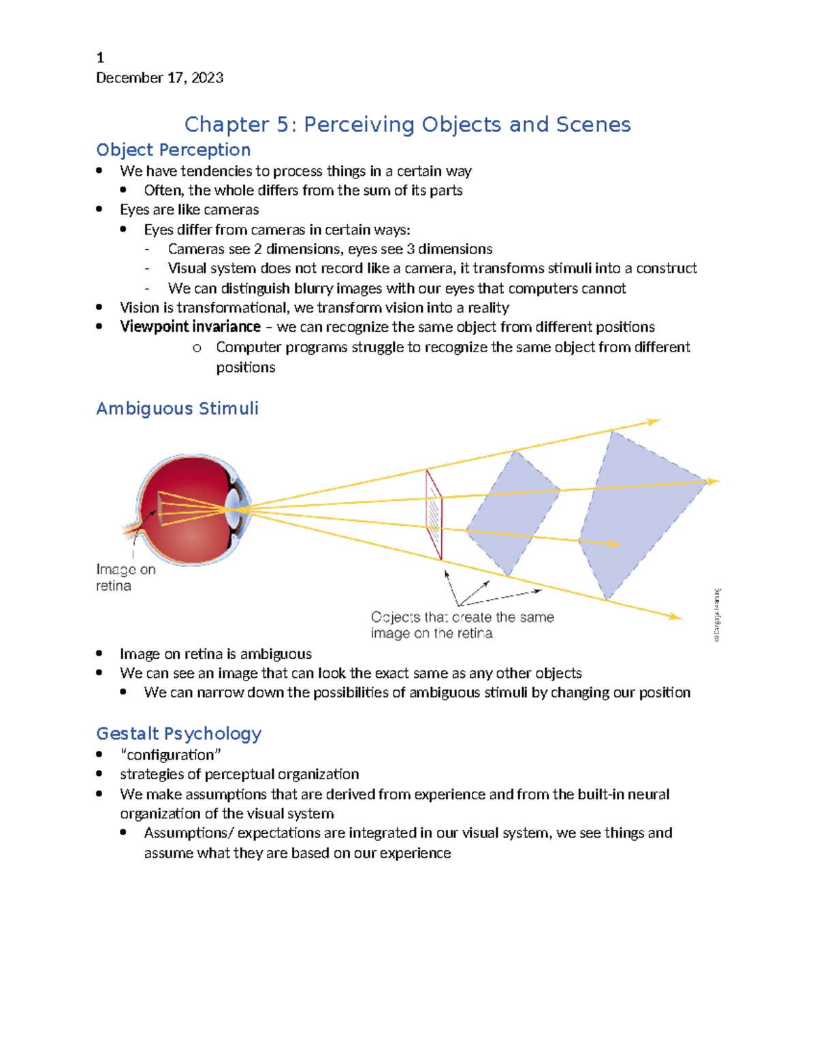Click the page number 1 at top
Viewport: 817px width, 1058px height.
[100, 58]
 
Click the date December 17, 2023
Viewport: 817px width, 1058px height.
[159, 78]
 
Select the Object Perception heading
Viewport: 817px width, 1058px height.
[173, 150]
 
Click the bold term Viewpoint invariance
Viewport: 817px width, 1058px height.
[190, 327]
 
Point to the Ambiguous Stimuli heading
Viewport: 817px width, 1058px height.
[177, 409]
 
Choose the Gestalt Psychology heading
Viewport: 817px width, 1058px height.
[178, 734]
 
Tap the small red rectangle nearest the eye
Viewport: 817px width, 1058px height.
[434, 514]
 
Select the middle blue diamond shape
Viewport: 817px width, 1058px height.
[512, 512]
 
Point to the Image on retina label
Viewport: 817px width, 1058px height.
[125, 578]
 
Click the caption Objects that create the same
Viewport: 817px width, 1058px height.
[462, 617]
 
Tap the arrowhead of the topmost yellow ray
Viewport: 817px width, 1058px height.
[654, 422]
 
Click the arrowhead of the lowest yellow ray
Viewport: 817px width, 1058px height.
[675, 617]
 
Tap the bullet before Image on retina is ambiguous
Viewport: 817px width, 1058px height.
[99, 653]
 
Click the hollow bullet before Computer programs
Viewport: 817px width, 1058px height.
[197, 348]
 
